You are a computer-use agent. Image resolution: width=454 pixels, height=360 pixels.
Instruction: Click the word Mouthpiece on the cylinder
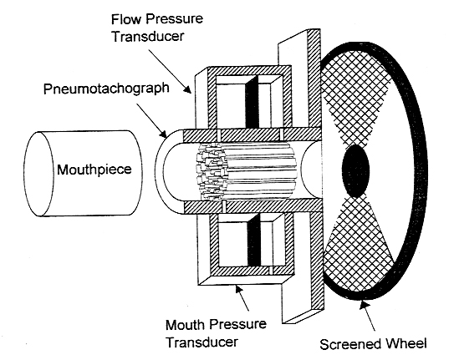94,170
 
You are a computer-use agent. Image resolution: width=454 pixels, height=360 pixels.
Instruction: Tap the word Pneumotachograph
106,89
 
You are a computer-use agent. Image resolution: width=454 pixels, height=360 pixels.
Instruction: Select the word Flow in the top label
126,19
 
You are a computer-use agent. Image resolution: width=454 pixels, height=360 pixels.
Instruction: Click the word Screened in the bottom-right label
351,344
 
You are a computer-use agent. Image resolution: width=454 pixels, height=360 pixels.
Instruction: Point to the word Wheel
406,343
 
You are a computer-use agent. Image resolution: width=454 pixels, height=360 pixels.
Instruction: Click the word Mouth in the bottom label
185,325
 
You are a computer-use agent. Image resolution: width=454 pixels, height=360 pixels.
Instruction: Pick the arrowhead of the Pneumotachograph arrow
163,134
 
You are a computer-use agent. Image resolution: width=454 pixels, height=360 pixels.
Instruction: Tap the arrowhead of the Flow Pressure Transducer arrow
187,89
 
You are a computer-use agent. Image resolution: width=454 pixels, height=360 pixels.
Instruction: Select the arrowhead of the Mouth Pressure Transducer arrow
237,289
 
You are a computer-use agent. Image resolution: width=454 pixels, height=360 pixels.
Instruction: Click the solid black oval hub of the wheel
356,171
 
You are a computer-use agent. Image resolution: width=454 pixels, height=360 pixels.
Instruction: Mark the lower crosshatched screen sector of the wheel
358,246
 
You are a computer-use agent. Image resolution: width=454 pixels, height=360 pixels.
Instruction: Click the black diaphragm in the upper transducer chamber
252,102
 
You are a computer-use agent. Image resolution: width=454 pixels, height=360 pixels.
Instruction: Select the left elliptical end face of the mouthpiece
38,174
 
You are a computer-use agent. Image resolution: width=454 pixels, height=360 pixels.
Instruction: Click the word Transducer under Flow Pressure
148,37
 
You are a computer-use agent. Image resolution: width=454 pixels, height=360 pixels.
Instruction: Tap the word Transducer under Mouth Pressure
201,342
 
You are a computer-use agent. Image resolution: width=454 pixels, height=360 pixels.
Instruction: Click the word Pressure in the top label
174,19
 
